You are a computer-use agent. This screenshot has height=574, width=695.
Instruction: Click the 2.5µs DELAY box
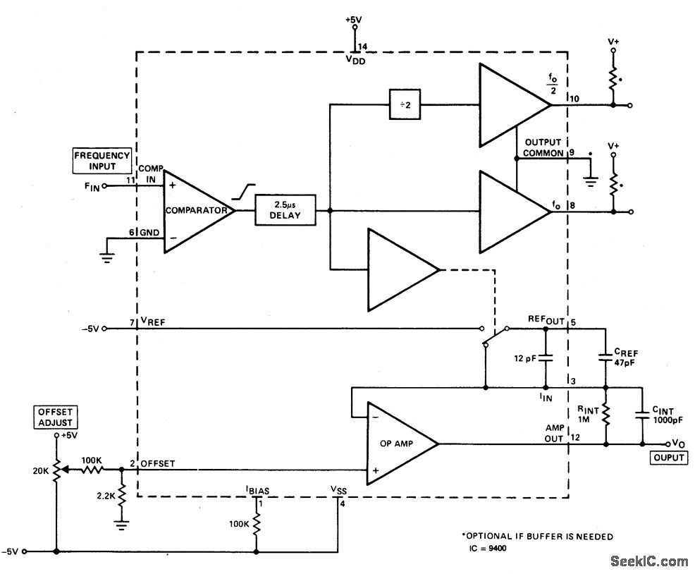click(285, 210)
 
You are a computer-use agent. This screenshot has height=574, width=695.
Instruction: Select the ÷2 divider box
click(405, 104)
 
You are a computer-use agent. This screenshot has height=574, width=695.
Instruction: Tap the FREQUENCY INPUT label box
click(102, 161)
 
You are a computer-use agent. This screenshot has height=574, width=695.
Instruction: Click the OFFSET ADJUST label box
click(55, 417)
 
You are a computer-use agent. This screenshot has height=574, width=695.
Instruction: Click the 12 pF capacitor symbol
click(546, 358)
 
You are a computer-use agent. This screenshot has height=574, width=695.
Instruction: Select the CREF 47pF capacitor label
click(626, 357)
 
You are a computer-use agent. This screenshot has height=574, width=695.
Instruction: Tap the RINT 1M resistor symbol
click(605, 415)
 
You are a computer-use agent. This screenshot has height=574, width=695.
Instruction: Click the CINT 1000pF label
click(668, 415)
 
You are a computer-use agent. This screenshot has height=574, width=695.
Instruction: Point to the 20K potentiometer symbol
click(57, 470)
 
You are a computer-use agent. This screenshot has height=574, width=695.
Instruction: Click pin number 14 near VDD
click(362, 47)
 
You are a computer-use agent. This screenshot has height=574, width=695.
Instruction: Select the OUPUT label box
click(669, 458)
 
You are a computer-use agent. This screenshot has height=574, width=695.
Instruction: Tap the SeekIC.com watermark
click(649, 561)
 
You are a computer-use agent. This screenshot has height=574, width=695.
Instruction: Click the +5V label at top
click(354, 20)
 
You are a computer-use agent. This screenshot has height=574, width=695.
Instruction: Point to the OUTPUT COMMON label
click(543, 147)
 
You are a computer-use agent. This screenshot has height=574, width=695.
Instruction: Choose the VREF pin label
click(153, 322)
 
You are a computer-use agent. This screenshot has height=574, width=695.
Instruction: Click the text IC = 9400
click(488, 549)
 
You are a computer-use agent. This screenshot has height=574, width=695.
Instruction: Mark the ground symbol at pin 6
click(107, 257)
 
